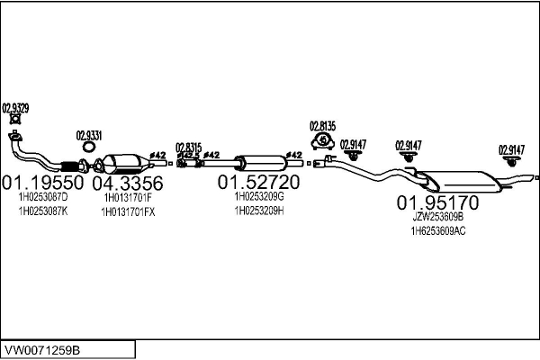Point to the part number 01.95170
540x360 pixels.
tap(438, 202)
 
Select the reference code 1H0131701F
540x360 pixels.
tap(128, 197)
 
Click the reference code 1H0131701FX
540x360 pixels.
tap(130, 211)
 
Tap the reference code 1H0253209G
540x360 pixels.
tap(259, 196)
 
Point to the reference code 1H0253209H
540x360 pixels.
tap(259, 211)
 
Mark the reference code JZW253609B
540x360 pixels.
tap(437, 217)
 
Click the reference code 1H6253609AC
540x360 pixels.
tap(438, 231)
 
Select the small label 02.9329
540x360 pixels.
tap(15, 108)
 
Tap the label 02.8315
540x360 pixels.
tap(188, 147)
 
